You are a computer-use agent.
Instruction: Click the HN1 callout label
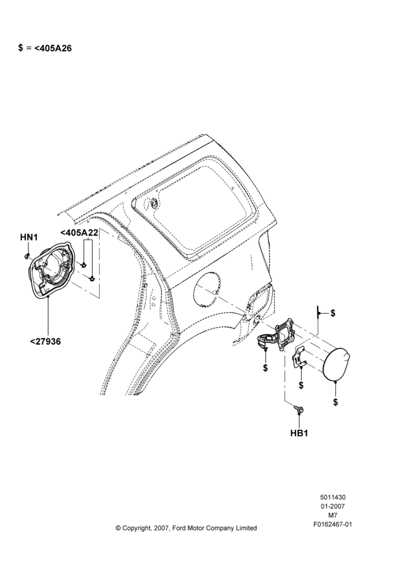(x=29, y=237)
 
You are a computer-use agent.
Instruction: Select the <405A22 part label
(x=79, y=233)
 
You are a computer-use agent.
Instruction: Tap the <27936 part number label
(x=45, y=342)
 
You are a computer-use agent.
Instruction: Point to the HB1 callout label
(x=299, y=433)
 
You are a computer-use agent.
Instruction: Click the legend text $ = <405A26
(x=45, y=48)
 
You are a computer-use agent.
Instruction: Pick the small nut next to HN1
(x=27, y=255)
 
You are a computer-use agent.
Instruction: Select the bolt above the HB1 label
(x=299, y=408)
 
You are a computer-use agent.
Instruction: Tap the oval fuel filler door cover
(x=337, y=364)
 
